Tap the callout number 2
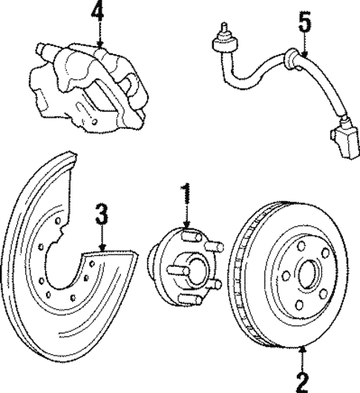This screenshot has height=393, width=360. (301, 381)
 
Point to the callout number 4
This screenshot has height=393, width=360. (98, 13)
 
